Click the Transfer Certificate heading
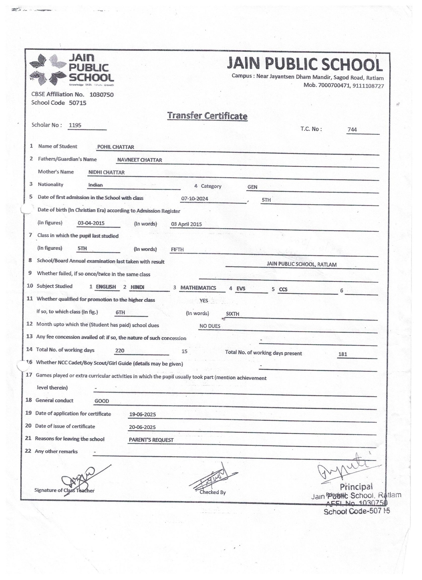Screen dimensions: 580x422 point(207,116)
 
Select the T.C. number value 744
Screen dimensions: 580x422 point(352,129)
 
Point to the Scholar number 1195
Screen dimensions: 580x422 point(75,125)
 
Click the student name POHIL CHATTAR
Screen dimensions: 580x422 point(116,147)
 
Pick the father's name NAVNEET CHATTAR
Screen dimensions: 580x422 point(140,160)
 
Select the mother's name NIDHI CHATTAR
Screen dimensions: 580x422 point(107,173)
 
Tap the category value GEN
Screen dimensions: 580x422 point(252,187)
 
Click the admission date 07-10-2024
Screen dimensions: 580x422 point(195,199)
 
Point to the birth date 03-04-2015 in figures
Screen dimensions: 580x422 point(91,223)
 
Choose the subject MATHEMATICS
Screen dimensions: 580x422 point(198,288)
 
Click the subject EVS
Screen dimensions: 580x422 point(241,289)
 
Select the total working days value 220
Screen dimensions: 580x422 point(120,351)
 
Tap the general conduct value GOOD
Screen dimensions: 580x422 point(102,401)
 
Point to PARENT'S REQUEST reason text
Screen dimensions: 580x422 point(151,440)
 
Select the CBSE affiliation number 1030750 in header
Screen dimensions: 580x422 point(102,95)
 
